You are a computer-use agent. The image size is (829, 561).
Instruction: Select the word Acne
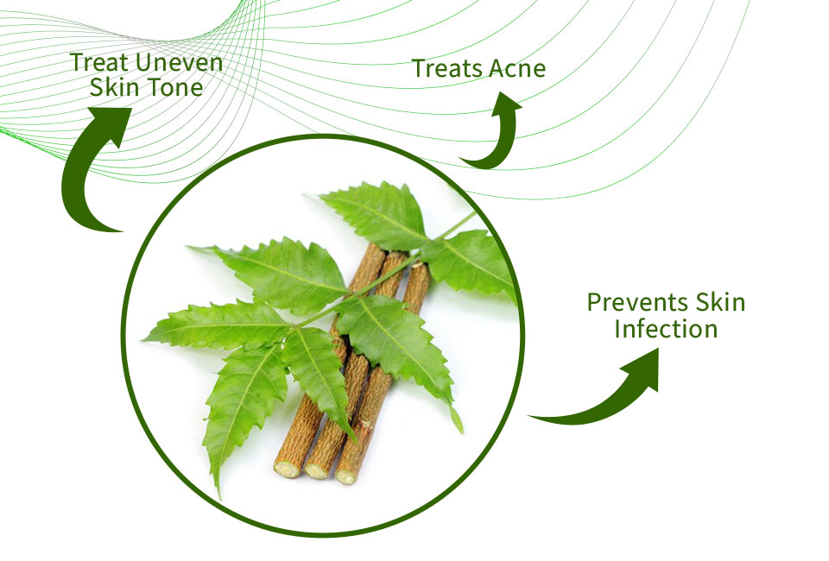516,69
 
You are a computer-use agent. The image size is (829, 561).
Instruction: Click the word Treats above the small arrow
447,69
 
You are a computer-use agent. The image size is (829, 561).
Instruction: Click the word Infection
666,329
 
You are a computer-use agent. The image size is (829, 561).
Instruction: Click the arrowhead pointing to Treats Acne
506,104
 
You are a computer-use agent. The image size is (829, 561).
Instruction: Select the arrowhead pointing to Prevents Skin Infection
642,369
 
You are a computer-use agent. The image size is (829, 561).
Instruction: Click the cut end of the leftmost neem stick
287,470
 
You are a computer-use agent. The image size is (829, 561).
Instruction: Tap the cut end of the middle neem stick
316,470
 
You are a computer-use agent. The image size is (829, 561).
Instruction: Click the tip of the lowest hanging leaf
218,496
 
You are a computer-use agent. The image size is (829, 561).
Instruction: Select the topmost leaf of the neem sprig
378,212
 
